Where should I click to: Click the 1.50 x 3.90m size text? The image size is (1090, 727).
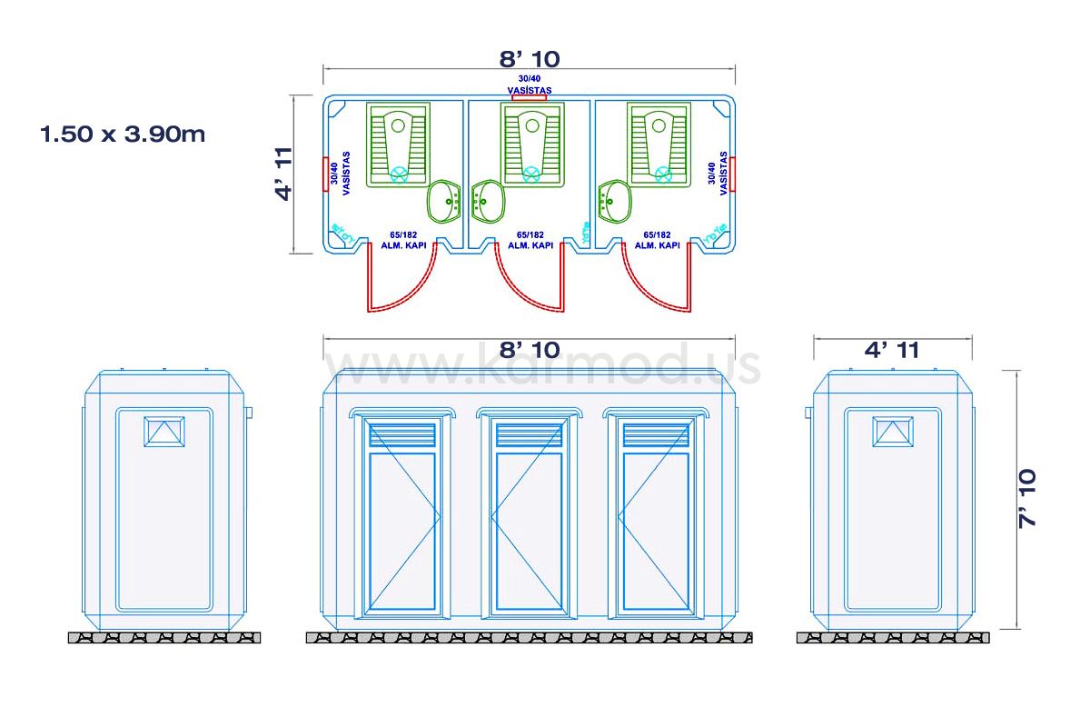(x=123, y=134)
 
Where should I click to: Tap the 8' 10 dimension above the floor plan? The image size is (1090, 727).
(x=530, y=59)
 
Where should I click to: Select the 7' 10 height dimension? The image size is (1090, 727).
(x=1027, y=498)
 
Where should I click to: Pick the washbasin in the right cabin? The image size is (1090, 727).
(x=614, y=201)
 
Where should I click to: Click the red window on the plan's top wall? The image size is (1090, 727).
(x=530, y=96)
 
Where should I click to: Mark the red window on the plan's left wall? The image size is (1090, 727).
(x=325, y=174)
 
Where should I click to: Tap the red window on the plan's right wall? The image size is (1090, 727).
(x=732, y=174)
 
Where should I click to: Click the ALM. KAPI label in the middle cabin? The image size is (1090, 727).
(x=530, y=245)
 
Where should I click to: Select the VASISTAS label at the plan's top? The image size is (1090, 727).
(x=530, y=90)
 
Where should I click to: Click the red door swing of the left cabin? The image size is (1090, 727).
(x=391, y=282)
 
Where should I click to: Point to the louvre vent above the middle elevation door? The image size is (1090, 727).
(x=529, y=434)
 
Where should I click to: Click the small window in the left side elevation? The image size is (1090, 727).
(x=164, y=431)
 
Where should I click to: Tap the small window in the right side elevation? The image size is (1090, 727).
(x=893, y=431)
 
